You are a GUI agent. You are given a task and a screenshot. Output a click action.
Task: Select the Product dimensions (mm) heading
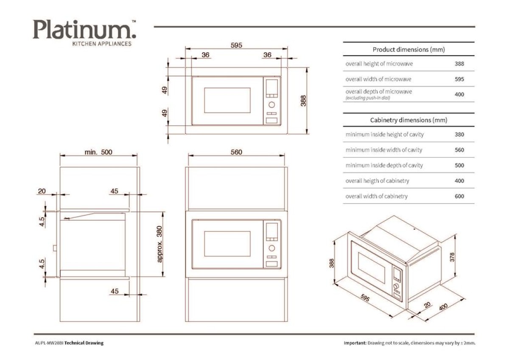(x=408, y=49)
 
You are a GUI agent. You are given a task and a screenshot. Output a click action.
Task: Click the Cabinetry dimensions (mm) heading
(x=408, y=120)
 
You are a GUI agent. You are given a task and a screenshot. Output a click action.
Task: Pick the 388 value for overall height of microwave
(x=459, y=64)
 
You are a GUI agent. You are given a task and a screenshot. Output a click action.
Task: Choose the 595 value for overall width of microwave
(x=459, y=79)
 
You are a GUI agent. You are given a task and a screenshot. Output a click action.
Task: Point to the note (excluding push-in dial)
(x=368, y=98)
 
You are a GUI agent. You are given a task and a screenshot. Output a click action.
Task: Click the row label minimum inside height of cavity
(x=384, y=135)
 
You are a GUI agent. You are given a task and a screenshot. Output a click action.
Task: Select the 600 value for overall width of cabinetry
(x=459, y=196)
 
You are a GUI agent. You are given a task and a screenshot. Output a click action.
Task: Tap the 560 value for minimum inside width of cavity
(x=459, y=150)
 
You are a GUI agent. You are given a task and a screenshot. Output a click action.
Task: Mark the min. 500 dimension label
(x=98, y=152)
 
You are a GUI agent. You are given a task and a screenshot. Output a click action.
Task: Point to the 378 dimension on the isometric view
(x=452, y=256)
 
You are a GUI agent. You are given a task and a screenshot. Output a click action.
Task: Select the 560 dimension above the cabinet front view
(x=236, y=152)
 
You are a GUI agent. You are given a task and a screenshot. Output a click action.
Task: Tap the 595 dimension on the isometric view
(x=365, y=298)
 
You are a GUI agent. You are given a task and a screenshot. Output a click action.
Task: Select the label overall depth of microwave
(x=378, y=92)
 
